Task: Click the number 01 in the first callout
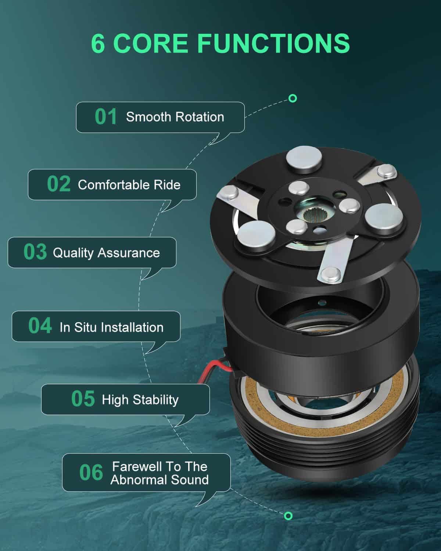click(x=106, y=116)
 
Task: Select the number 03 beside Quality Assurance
click(x=35, y=252)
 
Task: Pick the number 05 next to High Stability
click(x=83, y=399)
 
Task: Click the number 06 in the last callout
click(x=91, y=472)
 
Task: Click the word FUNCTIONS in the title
click(x=274, y=43)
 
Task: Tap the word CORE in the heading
click(x=150, y=43)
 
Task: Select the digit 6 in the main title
click(x=98, y=43)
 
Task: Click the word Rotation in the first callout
click(x=200, y=117)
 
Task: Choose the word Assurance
click(x=129, y=253)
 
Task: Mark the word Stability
click(x=155, y=400)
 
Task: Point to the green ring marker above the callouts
click(x=293, y=98)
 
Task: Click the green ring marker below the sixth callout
click(x=288, y=516)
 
